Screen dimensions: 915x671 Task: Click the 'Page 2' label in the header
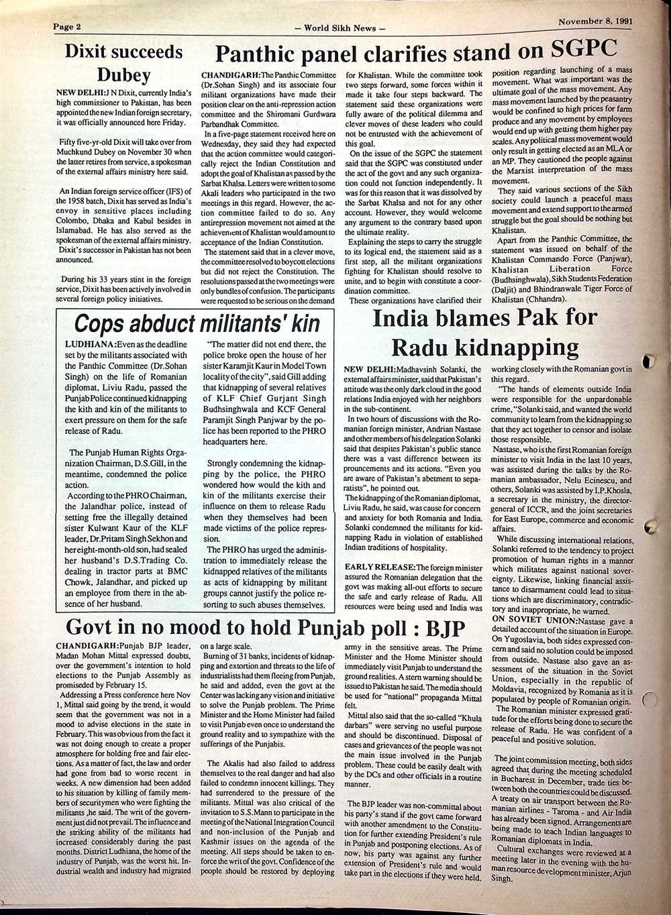click(67, 27)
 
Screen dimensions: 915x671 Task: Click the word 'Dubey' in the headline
click(124, 74)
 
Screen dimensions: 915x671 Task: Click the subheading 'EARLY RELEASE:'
click(379, 568)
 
